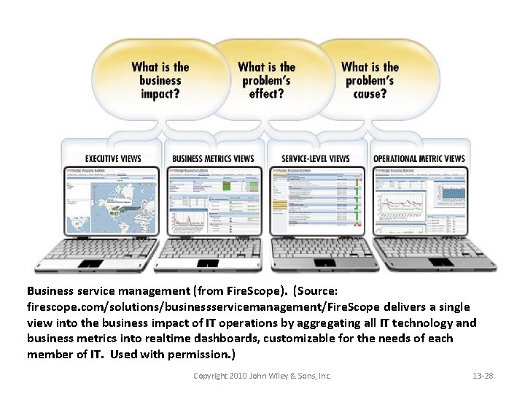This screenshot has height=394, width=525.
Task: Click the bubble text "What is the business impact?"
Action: [x=160, y=80]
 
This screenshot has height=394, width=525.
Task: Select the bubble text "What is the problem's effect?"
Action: [x=266, y=80]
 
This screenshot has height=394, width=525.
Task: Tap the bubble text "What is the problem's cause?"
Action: [x=370, y=80]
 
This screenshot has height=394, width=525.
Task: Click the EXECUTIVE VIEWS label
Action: [x=113, y=158]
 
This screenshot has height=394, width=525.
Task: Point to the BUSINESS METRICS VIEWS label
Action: [x=213, y=158]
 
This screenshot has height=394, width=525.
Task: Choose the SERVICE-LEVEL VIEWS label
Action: [x=316, y=158]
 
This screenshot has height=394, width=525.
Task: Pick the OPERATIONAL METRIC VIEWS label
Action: [x=419, y=158]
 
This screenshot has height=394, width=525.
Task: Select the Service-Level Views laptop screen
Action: [x=317, y=201]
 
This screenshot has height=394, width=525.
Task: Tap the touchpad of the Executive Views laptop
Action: [x=91, y=263]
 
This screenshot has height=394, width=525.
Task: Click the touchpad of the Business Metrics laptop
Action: [x=206, y=263]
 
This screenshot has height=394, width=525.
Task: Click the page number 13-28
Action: [x=483, y=376]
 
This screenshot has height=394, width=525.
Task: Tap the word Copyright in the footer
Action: [x=210, y=376]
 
